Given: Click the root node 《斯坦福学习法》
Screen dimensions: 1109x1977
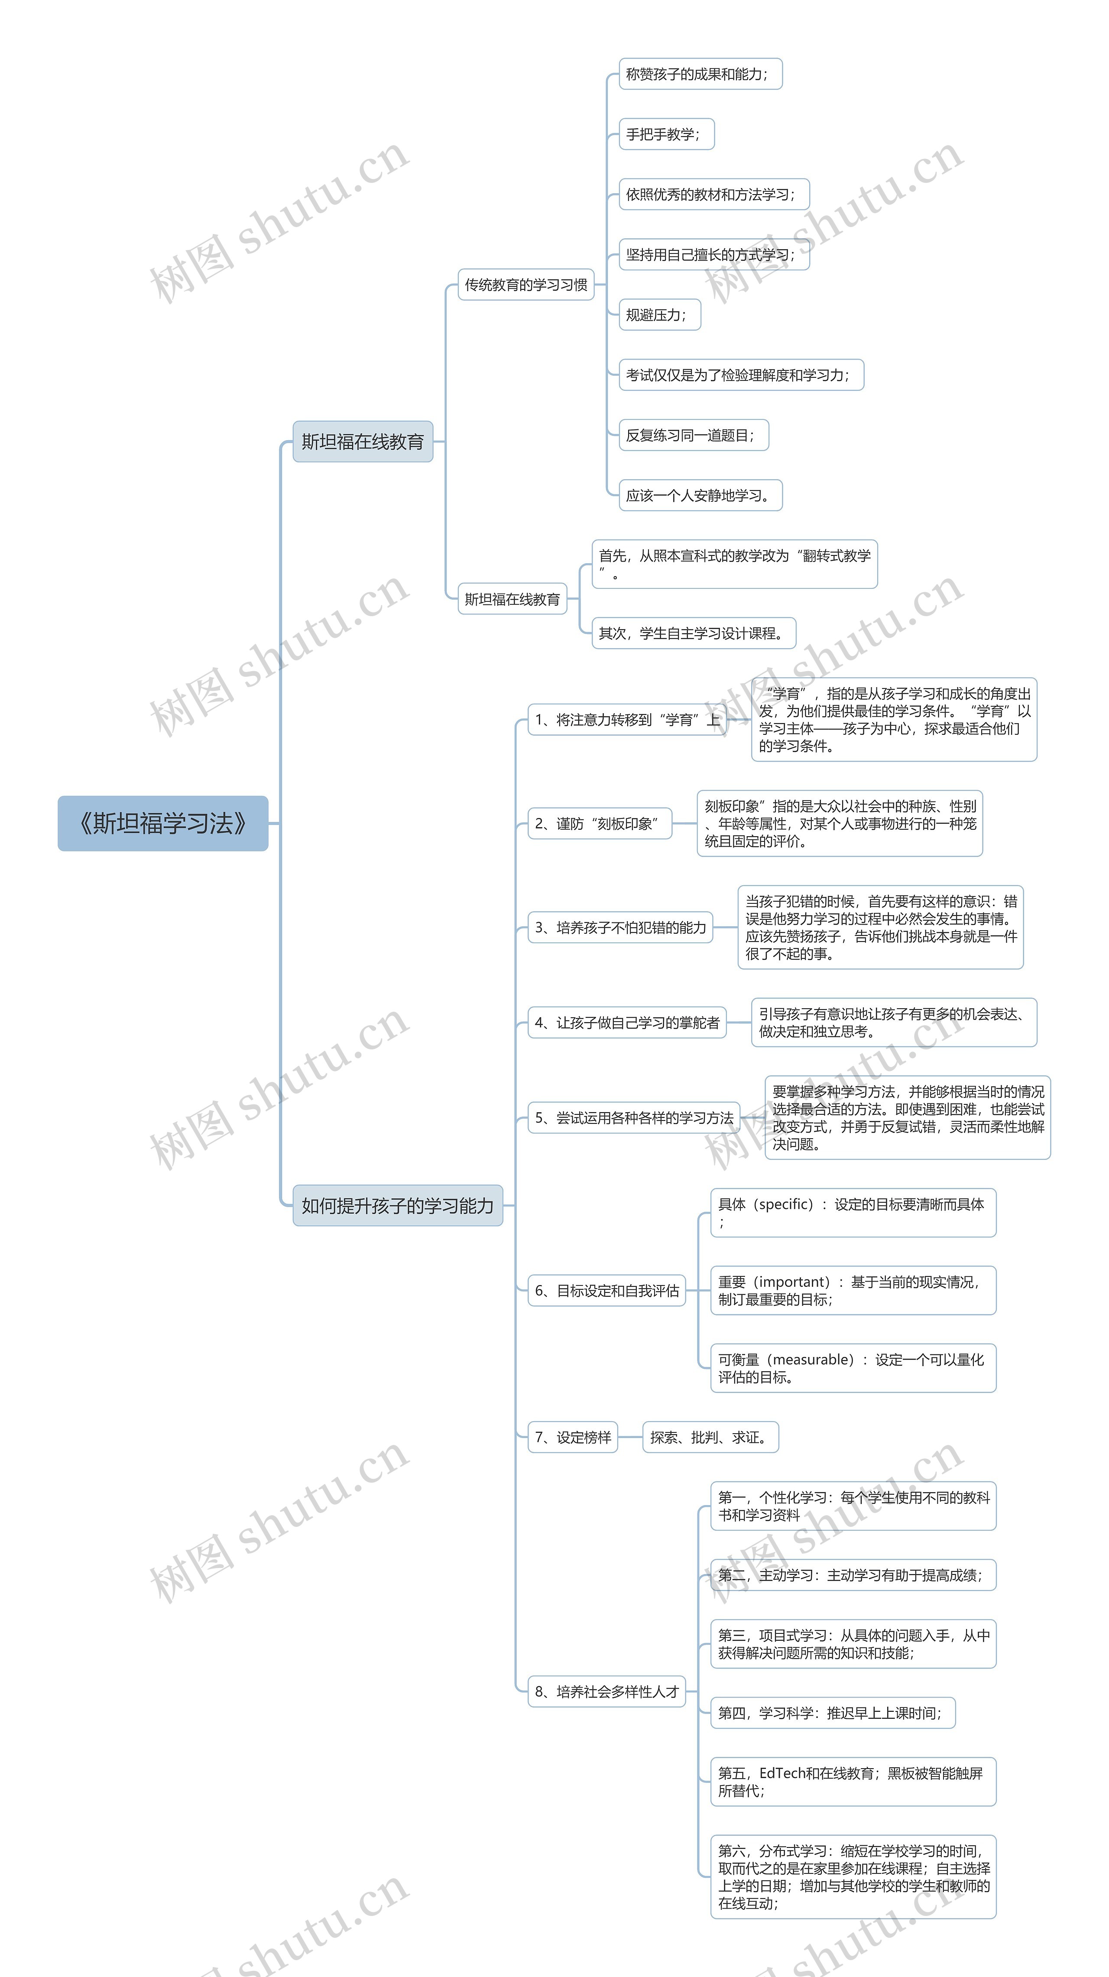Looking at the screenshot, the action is coord(163,824).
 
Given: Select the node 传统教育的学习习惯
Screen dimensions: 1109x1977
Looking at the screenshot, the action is coord(526,285).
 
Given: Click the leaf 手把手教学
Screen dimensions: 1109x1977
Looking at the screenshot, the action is coord(665,134).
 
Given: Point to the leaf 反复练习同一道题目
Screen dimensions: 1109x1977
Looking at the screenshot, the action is coord(693,435).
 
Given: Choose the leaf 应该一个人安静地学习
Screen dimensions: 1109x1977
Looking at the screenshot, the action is coord(700,496).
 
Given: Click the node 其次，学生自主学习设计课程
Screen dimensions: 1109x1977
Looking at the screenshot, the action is coord(693,633).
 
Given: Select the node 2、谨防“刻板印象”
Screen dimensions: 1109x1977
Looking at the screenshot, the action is coord(599,824).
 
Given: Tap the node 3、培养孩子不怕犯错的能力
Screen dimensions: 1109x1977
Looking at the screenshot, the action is coord(620,927).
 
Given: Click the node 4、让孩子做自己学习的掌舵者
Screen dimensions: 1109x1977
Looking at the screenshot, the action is coord(626,1022).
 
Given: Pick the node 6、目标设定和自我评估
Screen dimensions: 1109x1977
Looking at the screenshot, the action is coord(606,1291).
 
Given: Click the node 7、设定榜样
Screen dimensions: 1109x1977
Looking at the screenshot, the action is coord(573,1438).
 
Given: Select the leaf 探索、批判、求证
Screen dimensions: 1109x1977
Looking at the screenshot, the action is coord(710,1438).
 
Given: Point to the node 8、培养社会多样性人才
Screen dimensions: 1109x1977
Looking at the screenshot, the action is coord(606,1691).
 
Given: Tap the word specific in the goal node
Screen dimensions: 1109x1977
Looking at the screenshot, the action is coord(785,1204).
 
